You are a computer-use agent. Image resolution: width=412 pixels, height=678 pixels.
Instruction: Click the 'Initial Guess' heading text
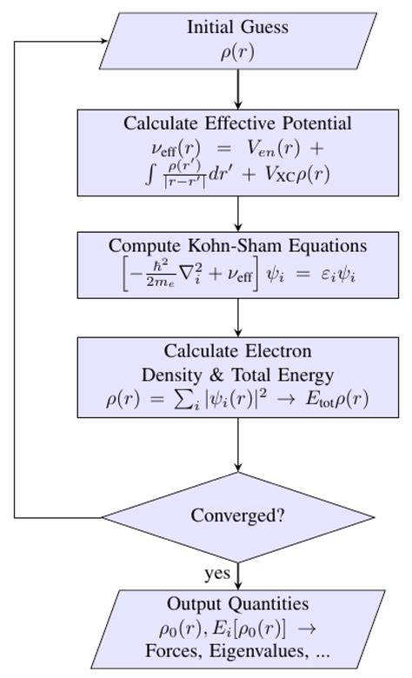237,27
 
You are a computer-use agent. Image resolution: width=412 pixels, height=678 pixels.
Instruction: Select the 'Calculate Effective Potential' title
237,123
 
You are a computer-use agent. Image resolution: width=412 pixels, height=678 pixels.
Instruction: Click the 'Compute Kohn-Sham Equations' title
237,245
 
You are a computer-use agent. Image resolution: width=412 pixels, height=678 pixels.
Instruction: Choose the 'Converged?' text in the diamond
237,515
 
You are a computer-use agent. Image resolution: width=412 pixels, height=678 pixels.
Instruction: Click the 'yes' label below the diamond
217,573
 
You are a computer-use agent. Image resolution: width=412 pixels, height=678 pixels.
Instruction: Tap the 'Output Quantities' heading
237,604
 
